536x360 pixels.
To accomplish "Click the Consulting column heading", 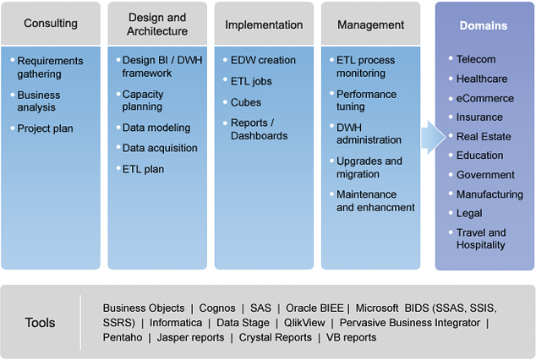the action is click(x=51, y=23).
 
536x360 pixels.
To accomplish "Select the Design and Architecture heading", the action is click(x=157, y=25).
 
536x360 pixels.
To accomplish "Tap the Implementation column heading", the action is click(x=264, y=25).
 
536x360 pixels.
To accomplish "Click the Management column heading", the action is click(x=370, y=25).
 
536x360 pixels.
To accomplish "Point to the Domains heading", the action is click(x=484, y=25).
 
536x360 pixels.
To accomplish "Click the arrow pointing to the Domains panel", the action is click(x=433, y=137).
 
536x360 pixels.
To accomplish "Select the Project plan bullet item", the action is click(x=45, y=128).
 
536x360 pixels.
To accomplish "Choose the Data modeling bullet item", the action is click(x=156, y=128).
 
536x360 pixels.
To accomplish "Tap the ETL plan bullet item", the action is click(x=143, y=169).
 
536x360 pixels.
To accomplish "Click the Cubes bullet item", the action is click(x=246, y=102).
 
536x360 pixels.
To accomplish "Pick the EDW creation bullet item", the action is click(x=263, y=60).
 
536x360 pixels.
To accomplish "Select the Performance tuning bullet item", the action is click(x=366, y=101).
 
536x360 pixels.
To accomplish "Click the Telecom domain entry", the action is click(x=476, y=59).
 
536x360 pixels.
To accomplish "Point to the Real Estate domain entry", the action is click(x=484, y=137).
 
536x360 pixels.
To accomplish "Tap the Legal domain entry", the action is click(x=469, y=213).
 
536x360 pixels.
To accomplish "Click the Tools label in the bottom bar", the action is click(x=40, y=323).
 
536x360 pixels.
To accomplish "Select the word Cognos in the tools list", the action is click(x=217, y=308).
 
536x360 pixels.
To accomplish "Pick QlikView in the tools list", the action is click(x=304, y=323).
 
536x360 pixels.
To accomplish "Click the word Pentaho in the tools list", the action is click(x=123, y=337).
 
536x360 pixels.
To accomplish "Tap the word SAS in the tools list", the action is click(x=260, y=308).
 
